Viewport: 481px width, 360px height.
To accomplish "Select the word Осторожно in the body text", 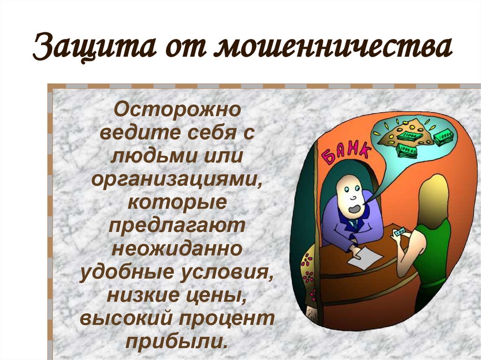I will coord(178,111).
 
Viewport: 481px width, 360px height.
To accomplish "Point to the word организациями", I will coord(178,179).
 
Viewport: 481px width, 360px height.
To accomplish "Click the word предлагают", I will coord(178,225).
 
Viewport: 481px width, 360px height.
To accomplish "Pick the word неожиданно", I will coord(178,248).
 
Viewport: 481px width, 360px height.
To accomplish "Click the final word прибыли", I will coord(178,340).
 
